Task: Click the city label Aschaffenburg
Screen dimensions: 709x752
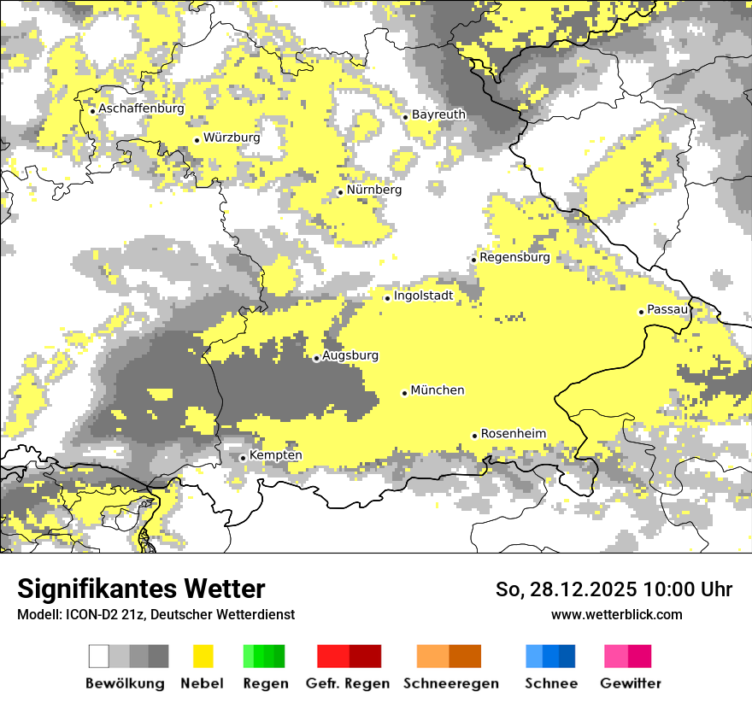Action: tap(141, 108)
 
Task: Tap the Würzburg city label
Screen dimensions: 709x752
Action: tap(232, 138)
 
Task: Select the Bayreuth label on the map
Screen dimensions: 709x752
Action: tap(438, 114)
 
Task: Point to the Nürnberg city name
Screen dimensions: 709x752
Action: tap(373, 190)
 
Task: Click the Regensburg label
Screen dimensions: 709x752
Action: tap(514, 257)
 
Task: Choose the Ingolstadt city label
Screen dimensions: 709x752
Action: tap(423, 296)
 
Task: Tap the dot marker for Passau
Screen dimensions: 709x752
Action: tap(641, 312)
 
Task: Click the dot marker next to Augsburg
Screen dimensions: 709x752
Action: tap(316, 359)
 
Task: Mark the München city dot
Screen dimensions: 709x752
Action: tap(404, 393)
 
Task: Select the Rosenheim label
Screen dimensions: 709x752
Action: tap(513, 434)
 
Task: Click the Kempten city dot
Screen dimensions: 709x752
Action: tap(243, 458)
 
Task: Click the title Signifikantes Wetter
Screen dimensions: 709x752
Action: tap(141, 589)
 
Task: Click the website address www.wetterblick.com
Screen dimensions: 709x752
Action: tap(616, 614)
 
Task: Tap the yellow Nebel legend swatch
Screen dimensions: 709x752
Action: tap(203, 656)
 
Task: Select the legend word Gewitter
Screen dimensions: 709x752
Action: tap(631, 683)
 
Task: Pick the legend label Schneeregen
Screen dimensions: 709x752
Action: tap(450, 683)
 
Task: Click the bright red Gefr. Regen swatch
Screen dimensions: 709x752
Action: tap(332, 656)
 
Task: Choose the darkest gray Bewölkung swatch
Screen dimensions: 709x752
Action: tap(159, 656)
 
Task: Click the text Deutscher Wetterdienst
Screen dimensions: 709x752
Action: tap(230, 614)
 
